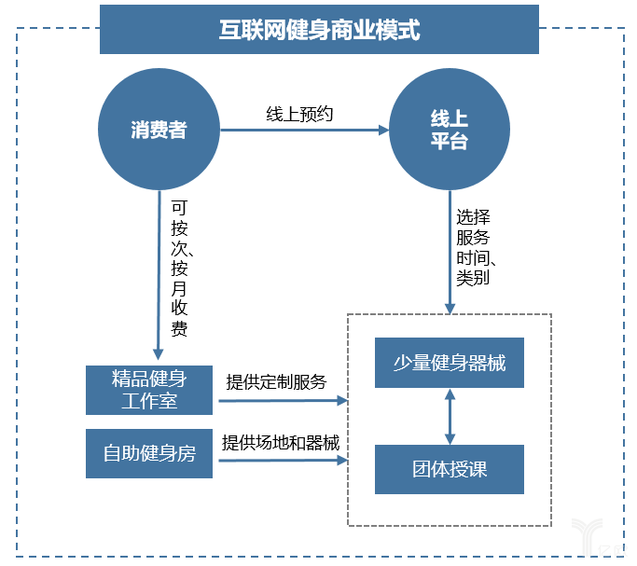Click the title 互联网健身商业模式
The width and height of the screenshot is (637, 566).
click(x=318, y=30)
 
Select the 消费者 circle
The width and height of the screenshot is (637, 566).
click(x=159, y=130)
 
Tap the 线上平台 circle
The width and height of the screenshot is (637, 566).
click(x=450, y=130)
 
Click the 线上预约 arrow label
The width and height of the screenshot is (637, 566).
click(x=299, y=114)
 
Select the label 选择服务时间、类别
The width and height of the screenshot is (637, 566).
click(x=473, y=246)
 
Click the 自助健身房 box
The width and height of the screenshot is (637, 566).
click(x=149, y=454)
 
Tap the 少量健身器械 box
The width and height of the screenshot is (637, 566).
click(x=450, y=363)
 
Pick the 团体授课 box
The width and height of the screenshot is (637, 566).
click(x=450, y=469)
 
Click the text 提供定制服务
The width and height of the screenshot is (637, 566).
click(x=276, y=381)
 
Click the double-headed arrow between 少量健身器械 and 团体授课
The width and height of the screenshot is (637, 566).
click(x=450, y=416)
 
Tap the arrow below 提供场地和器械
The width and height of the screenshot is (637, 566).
click(x=280, y=461)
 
